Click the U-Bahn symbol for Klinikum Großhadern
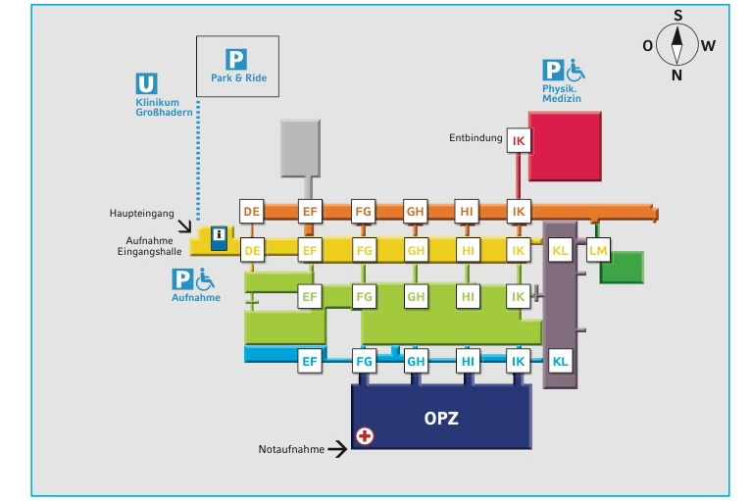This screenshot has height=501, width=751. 146,83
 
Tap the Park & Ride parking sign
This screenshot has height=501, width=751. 236,60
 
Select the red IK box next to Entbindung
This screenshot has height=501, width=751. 519,140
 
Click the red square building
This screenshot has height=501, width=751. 565,146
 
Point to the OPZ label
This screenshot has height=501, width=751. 441,418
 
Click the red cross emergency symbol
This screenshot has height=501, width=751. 365,436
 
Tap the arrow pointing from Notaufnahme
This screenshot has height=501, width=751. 337,449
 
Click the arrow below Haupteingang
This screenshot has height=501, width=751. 184,225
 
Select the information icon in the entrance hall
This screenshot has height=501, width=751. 219,238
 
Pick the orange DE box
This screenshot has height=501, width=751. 251,211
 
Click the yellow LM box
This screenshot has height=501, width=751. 598,250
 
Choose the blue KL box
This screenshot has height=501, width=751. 560,361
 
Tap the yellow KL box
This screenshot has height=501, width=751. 560,250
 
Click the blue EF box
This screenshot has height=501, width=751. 310,361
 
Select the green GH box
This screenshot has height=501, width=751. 416,296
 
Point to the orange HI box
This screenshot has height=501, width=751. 467,211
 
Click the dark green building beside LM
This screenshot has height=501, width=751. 622,268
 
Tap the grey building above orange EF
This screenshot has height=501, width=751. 300,148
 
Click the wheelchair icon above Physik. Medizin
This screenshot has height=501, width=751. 576,70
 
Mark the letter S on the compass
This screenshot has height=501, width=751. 677,16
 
